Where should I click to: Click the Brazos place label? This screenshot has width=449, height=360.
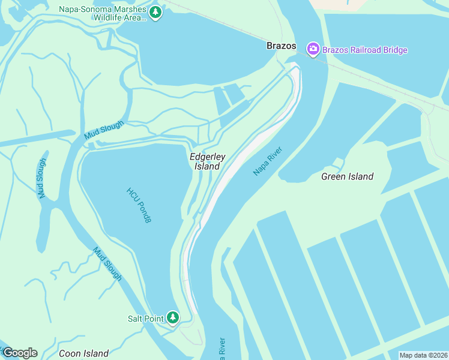(x=282, y=46)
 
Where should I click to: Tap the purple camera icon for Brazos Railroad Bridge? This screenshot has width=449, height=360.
(x=313, y=50)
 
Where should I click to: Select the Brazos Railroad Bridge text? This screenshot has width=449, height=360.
(x=364, y=50)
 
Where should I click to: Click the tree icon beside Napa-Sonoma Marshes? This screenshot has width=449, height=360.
(x=155, y=13)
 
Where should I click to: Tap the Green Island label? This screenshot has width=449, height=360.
(x=347, y=176)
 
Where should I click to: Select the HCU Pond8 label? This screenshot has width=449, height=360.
(x=139, y=205)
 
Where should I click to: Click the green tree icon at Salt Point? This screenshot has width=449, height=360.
(x=173, y=317)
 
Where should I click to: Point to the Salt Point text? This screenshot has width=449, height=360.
(x=145, y=319)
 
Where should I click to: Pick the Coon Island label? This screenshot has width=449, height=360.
(x=83, y=353)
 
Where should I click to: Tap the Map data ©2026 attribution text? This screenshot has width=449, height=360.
(x=423, y=355)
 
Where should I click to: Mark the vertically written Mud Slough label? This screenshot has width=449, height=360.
(x=41, y=178)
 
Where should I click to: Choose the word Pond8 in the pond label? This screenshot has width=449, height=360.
(x=144, y=213)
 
